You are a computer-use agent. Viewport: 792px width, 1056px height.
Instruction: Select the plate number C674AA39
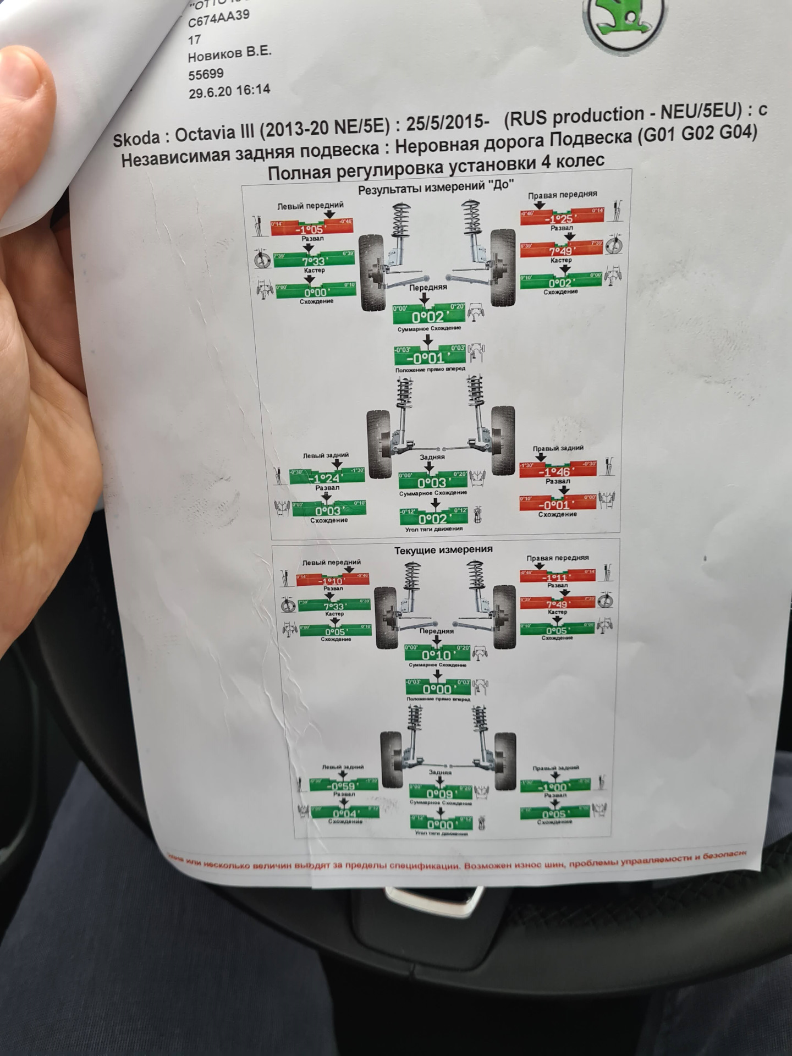(219, 21)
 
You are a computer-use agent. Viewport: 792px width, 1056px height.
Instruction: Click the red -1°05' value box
(311, 229)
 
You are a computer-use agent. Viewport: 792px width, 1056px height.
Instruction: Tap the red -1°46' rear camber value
(558, 472)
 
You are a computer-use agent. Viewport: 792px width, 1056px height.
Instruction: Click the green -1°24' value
(326, 477)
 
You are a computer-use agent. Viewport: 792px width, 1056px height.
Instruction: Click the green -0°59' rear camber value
(343, 786)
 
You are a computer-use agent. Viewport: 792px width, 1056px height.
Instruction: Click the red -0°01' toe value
(558, 504)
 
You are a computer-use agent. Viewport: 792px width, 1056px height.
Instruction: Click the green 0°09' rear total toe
(440, 794)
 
